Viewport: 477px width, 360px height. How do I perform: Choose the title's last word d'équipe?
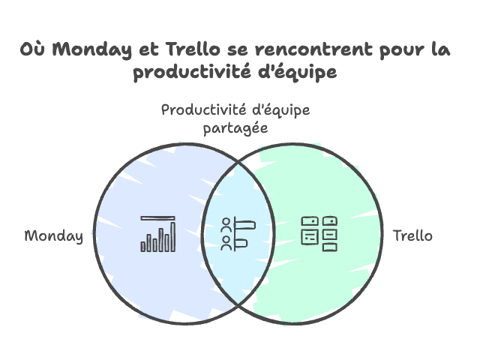coord(293,73)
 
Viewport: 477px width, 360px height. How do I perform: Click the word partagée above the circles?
coord(236,128)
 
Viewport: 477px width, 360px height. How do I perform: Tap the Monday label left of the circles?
coord(54,235)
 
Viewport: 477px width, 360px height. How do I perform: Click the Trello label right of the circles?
coord(412,235)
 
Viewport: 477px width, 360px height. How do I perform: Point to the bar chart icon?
coord(158,233)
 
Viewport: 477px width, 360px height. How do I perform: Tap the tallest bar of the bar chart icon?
coord(173,236)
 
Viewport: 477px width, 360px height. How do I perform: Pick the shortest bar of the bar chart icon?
coord(144,245)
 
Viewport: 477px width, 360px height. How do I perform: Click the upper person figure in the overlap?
coord(226,224)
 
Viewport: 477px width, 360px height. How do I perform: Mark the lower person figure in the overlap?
coord(226,241)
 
